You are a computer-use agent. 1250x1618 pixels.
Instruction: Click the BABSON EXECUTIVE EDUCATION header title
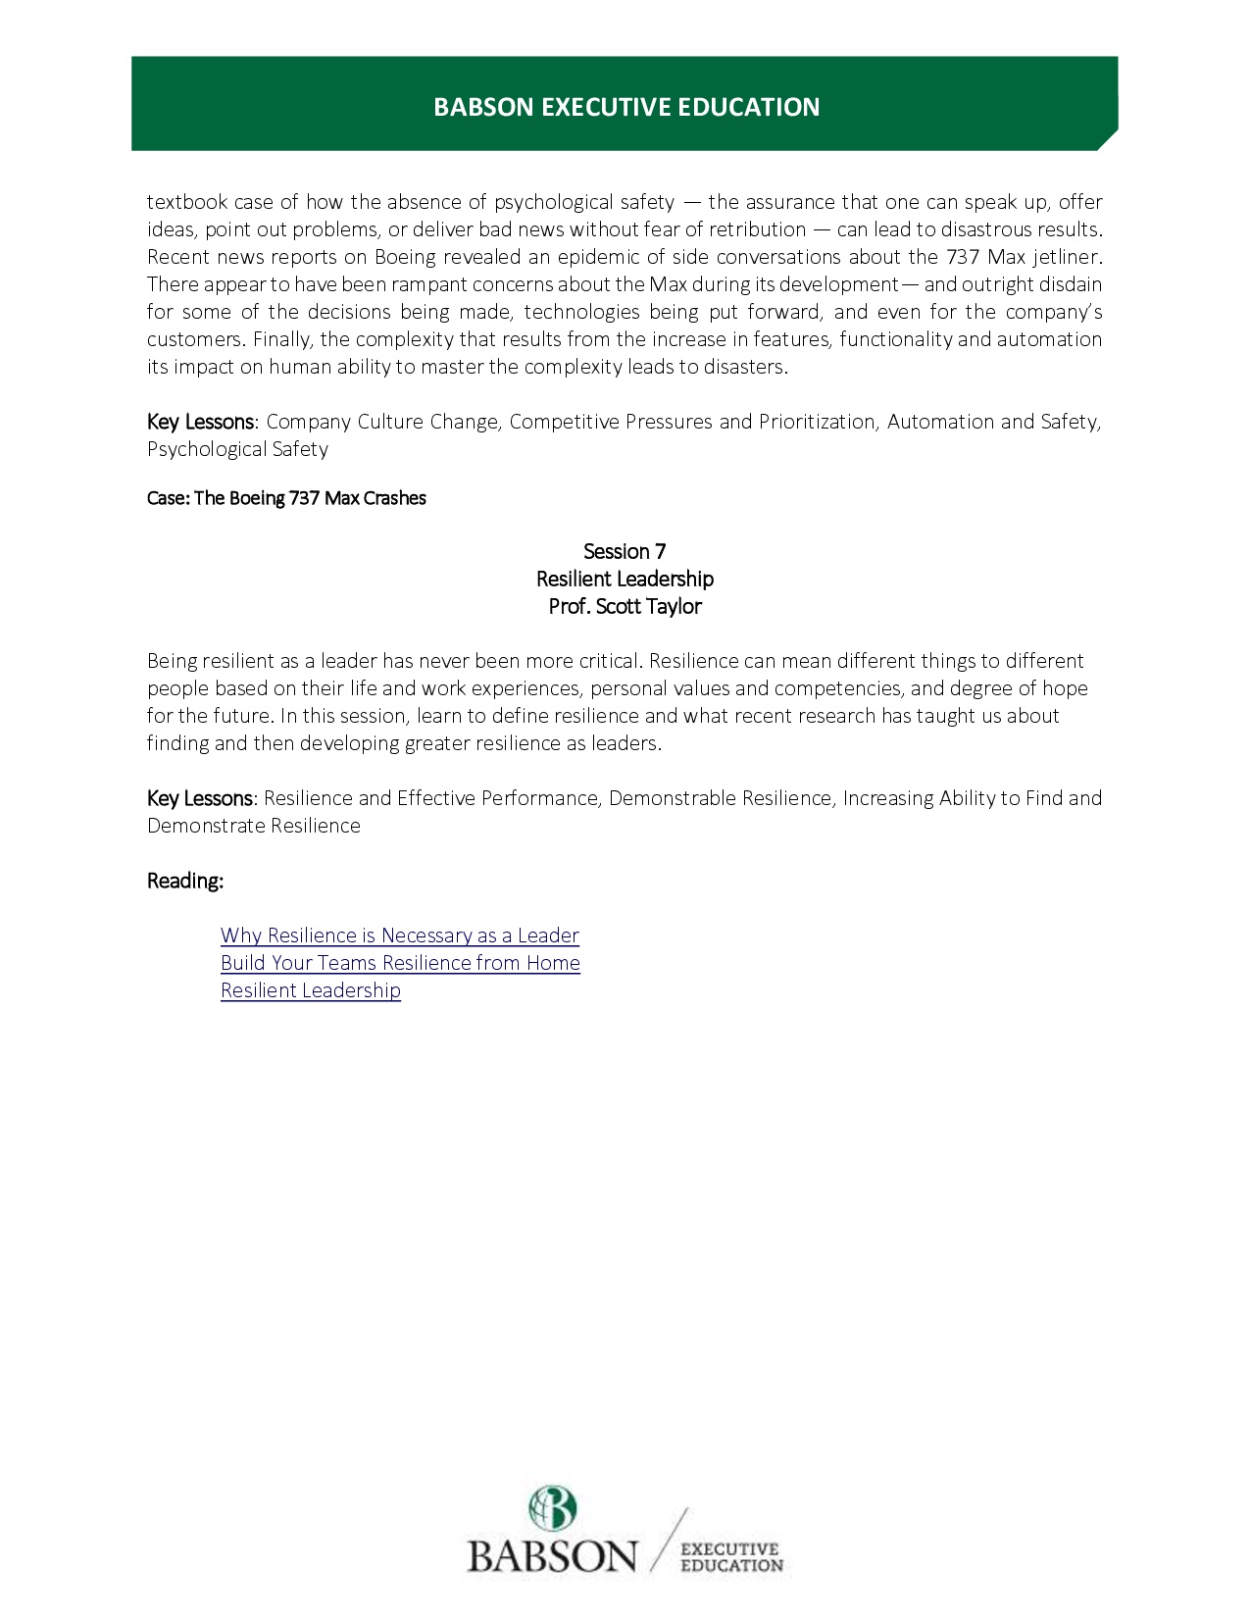pyautogui.click(x=626, y=107)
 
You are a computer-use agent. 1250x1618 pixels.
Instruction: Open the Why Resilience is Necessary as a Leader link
pyautogui.click(x=399, y=935)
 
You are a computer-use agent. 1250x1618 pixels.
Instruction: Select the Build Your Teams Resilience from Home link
pyautogui.click(x=400, y=963)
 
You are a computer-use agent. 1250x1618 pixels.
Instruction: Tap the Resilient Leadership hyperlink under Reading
pyautogui.click(x=310, y=990)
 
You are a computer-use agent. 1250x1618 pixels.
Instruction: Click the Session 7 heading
pyautogui.click(x=625, y=551)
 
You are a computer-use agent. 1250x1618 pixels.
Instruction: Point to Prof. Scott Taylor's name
pyautogui.click(x=625, y=606)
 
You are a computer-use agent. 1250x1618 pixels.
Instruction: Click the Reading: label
pyautogui.click(x=185, y=881)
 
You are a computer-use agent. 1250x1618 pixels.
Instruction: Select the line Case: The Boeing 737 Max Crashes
pyautogui.click(x=286, y=498)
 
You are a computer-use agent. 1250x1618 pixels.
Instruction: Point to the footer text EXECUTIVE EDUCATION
pyautogui.click(x=731, y=1557)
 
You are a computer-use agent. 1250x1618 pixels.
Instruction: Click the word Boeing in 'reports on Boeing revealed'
pyautogui.click(x=405, y=257)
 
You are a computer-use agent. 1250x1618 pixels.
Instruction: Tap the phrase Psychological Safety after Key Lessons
pyautogui.click(x=237, y=449)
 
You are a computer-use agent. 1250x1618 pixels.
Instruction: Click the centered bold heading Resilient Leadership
pyautogui.click(x=625, y=579)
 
